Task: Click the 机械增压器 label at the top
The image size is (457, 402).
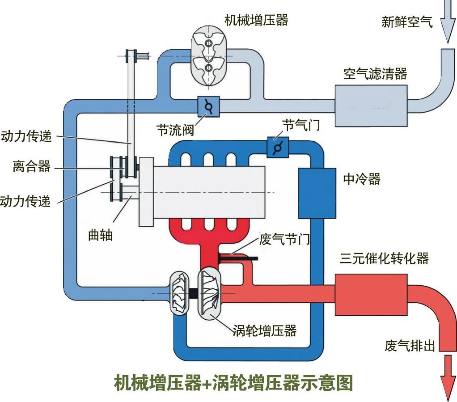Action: click(x=256, y=21)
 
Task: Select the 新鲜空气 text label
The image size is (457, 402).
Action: click(x=407, y=22)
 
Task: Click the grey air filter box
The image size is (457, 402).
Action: click(x=371, y=105)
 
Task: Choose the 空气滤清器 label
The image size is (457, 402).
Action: click(x=375, y=73)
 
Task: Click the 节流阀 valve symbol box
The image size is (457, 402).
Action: click(x=208, y=107)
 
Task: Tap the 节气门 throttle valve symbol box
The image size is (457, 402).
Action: click(x=277, y=147)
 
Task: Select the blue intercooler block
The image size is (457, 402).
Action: click(x=317, y=193)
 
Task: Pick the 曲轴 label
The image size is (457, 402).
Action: click(x=101, y=235)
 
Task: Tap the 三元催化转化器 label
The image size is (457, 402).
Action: click(x=384, y=258)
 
